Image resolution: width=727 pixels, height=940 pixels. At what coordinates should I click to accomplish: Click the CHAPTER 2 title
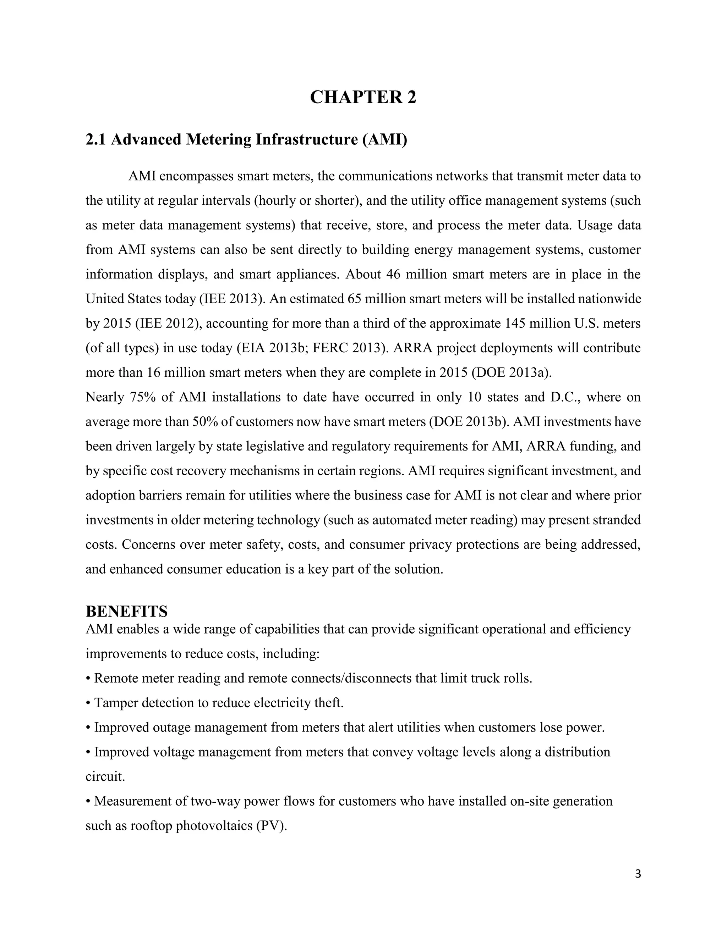coord(363,98)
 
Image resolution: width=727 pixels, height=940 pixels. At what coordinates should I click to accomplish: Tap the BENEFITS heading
coord(127,611)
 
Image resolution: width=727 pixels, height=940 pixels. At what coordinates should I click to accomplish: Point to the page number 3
coord(638,874)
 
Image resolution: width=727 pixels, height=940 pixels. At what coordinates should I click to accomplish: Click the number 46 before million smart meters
coord(393,275)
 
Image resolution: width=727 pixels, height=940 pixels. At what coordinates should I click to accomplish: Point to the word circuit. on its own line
coord(105,777)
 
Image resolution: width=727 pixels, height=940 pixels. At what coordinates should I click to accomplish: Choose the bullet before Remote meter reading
coord(88,679)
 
